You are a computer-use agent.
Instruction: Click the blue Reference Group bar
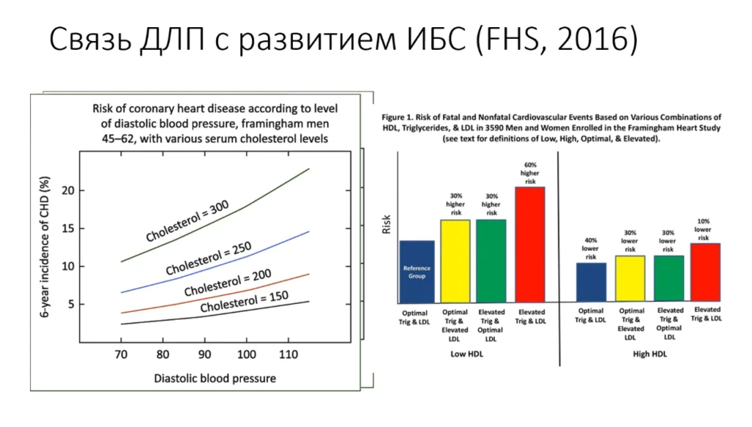click(x=416, y=271)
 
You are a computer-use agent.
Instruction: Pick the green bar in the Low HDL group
click(x=491, y=260)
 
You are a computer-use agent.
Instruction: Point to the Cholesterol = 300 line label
click(x=187, y=221)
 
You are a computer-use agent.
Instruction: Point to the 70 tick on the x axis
click(x=121, y=354)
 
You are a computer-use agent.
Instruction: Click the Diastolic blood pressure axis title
click(x=215, y=379)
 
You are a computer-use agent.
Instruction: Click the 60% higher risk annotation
click(x=530, y=172)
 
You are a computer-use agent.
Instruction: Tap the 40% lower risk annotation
click(x=590, y=247)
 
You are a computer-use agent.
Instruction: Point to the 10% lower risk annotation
click(x=704, y=229)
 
